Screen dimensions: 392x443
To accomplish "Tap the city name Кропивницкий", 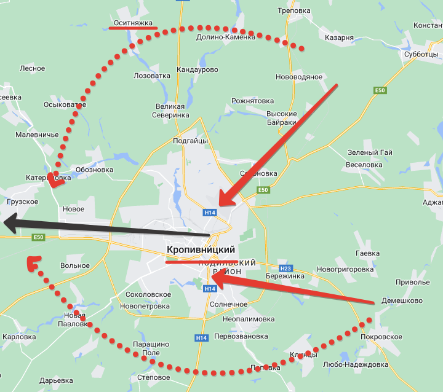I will [201, 250].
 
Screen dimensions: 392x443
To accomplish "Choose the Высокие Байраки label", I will [282, 118].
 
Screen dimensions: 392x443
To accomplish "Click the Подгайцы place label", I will [190, 141].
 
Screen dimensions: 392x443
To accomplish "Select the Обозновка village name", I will [94, 170].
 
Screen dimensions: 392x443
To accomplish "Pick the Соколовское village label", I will [148, 295].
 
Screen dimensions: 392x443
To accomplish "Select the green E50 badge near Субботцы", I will [380, 91].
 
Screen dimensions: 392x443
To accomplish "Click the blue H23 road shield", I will [285, 269].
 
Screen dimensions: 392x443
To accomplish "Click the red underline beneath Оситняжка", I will [132, 29].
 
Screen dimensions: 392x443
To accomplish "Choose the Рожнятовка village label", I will [252, 101].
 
